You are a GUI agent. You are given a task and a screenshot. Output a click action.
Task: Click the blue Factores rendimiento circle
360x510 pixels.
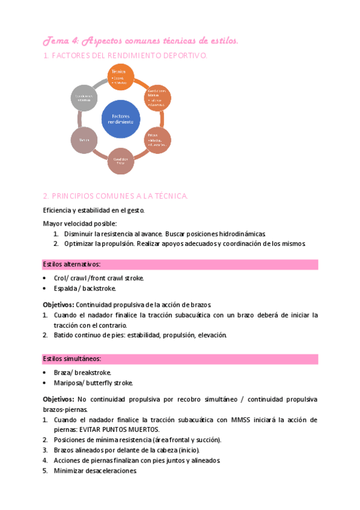point(121,118)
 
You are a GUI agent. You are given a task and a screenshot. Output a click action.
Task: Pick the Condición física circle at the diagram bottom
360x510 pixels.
point(121,161)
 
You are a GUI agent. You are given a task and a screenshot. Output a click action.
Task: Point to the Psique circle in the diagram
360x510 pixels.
point(158,140)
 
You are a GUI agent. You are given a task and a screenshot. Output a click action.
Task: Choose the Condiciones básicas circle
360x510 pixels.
point(157,97)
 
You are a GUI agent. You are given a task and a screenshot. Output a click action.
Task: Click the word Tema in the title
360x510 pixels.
point(55,40)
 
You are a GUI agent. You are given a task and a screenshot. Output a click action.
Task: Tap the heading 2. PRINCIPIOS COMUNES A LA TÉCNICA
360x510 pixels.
point(115,196)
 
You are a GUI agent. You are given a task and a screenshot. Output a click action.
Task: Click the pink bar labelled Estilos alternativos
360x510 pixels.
point(180,265)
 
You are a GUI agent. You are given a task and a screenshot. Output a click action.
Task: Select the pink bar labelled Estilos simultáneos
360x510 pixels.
point(180,359)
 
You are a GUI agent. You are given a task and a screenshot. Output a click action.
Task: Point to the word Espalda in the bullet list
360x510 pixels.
point(65,288)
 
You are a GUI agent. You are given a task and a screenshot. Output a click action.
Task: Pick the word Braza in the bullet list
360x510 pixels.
point(63,372)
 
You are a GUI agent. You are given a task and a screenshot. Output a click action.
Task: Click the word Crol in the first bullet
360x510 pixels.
point(59,278)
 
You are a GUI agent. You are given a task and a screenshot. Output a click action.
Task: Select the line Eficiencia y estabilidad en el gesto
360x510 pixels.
point(93,210)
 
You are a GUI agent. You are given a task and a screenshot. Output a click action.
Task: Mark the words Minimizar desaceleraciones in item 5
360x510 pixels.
point(95,471)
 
